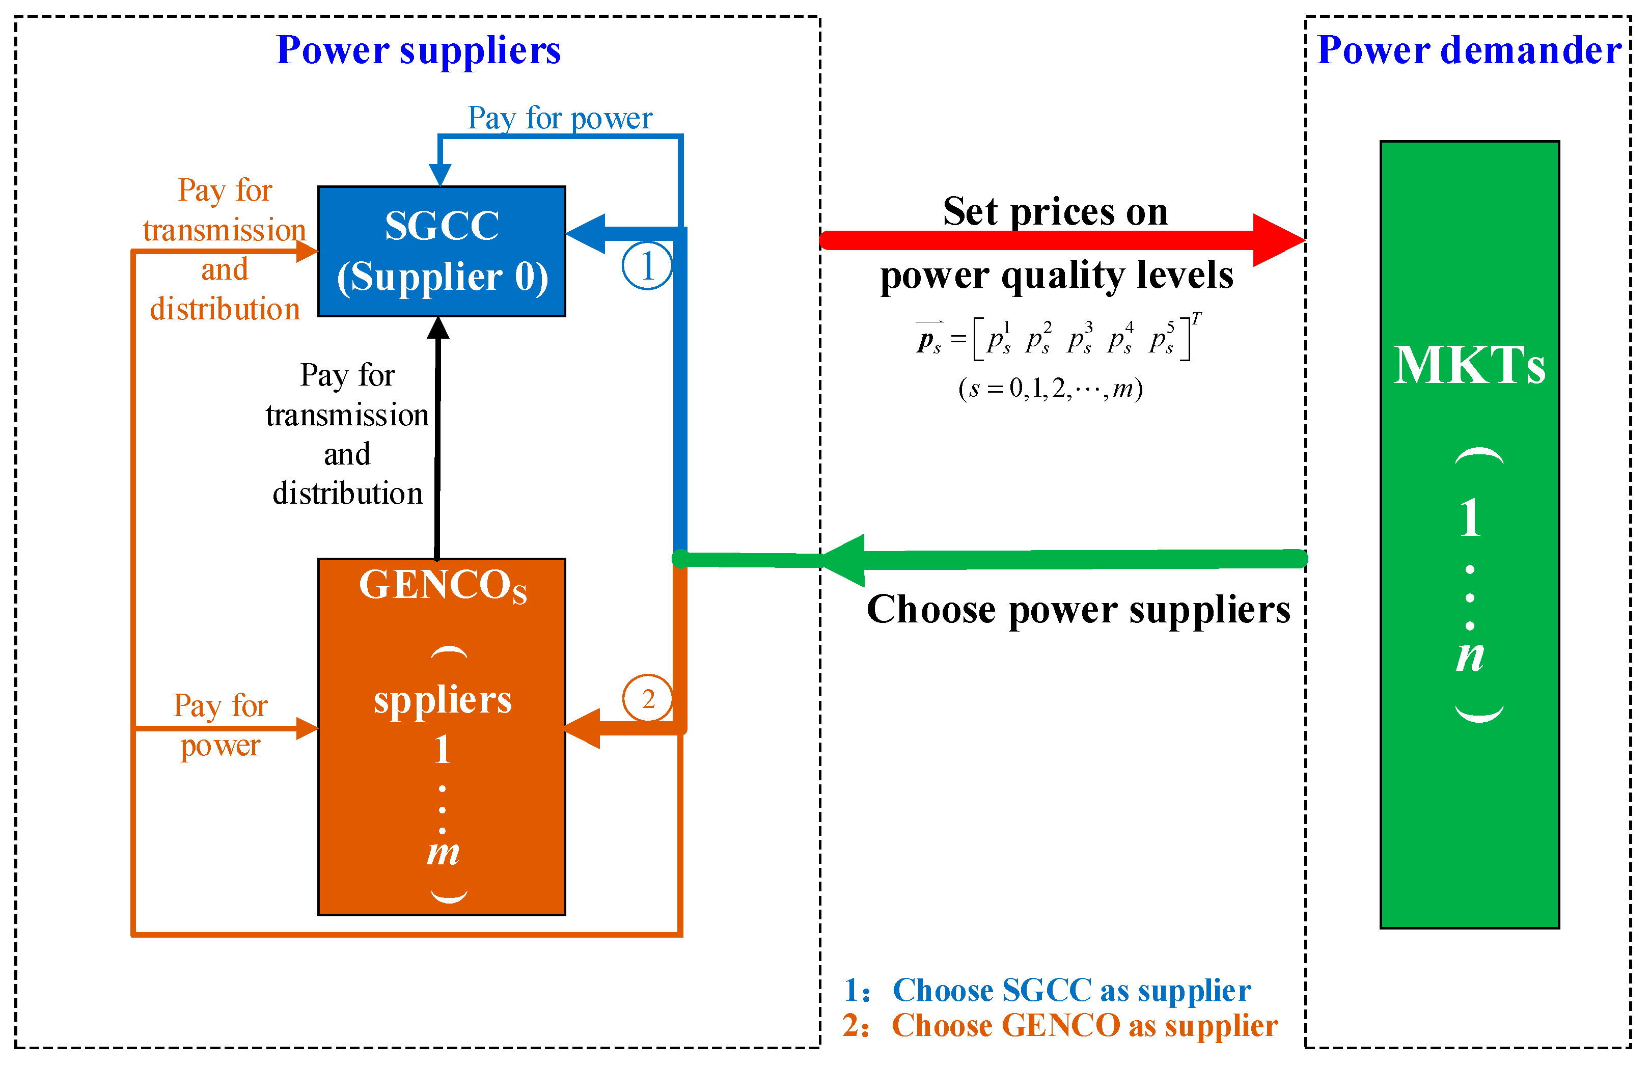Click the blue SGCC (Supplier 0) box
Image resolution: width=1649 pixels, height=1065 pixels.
441,251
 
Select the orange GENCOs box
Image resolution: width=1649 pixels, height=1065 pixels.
441,736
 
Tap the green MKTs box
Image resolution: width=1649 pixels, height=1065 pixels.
1469,534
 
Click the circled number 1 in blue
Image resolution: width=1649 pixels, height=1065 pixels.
646,265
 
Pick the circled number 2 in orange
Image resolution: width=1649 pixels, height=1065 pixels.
647,698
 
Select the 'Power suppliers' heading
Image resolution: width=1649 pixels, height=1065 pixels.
418,50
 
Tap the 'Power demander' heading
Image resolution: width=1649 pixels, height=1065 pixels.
1469,50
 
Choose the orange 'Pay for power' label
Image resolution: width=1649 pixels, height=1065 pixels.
220,725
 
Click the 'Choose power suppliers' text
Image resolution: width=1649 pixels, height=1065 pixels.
1078,609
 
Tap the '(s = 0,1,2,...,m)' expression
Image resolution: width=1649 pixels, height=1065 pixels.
1050,389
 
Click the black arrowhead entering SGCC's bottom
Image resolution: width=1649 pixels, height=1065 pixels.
437,329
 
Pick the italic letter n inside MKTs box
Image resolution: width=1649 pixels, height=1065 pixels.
1469,656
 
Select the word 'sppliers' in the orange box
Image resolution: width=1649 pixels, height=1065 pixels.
443,700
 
